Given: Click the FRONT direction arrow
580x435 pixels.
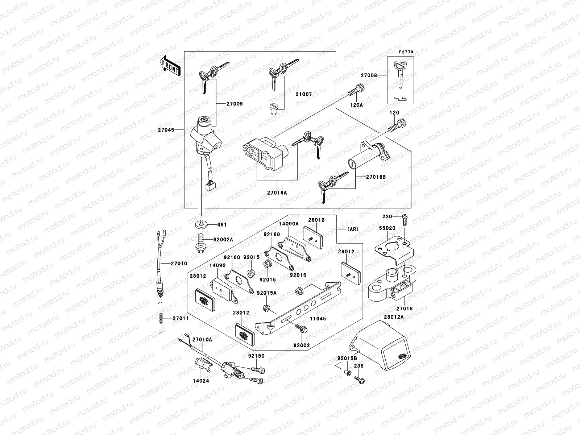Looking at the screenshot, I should click(x=170, y=66).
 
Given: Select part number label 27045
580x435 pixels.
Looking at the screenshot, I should click(x=166, y=130).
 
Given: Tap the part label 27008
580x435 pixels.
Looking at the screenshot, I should click(x=369, y=75).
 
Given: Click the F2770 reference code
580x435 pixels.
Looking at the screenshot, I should click(x=406, y=52).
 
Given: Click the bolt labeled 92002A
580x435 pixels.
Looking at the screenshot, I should click(x=199, y=243).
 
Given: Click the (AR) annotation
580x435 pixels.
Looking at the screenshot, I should click(x=353, y=229).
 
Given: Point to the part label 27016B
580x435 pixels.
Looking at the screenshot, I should click(x=376, y=177).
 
